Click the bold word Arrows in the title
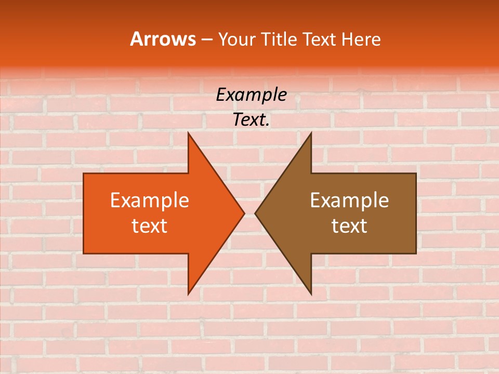(x=163, y=39)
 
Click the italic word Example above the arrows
(x=252, y=95)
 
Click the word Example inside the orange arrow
(x=150, y=201)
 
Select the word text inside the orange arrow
(x=150, y=225)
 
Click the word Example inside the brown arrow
(x=349, y=201)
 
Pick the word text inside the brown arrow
(x=349, y=225)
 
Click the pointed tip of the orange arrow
(x=244, y=213)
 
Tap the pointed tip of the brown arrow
(x=255, y=213)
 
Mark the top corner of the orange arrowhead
(x=188, y=133)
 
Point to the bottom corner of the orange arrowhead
(x=188, y=294)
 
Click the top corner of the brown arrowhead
(x=311, y=133)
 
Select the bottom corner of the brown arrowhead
(x=311, y=294)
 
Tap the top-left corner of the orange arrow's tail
(x=84, y=173)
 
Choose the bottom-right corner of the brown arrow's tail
(x=416, y=253)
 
